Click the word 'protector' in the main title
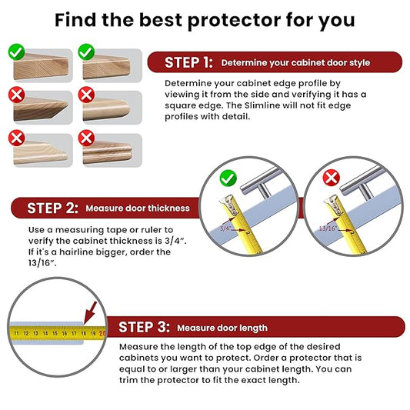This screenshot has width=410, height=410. coord(234,21)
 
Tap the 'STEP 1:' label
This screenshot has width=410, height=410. coord(188,62)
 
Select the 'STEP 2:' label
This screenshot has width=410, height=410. coord(52,208)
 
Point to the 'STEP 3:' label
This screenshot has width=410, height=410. coord(144,327)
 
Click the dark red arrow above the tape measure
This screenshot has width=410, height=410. coord(90,313)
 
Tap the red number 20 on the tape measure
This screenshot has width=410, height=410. coord(102,334)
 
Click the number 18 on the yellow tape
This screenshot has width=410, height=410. coord(84,334)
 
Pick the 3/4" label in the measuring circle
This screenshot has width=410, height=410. coord(225,228)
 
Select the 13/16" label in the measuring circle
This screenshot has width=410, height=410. coord(327,228)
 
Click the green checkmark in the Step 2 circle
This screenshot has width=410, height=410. coord(228,178)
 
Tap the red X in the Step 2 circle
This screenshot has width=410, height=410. coord(332,178)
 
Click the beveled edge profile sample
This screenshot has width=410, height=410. coord(41,108)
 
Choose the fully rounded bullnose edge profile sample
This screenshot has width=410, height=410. coord(107,109)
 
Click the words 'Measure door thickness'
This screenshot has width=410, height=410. coord(138,208)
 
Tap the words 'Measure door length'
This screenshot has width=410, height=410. coord(222,328)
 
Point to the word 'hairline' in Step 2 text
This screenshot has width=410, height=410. coord(76,252)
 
